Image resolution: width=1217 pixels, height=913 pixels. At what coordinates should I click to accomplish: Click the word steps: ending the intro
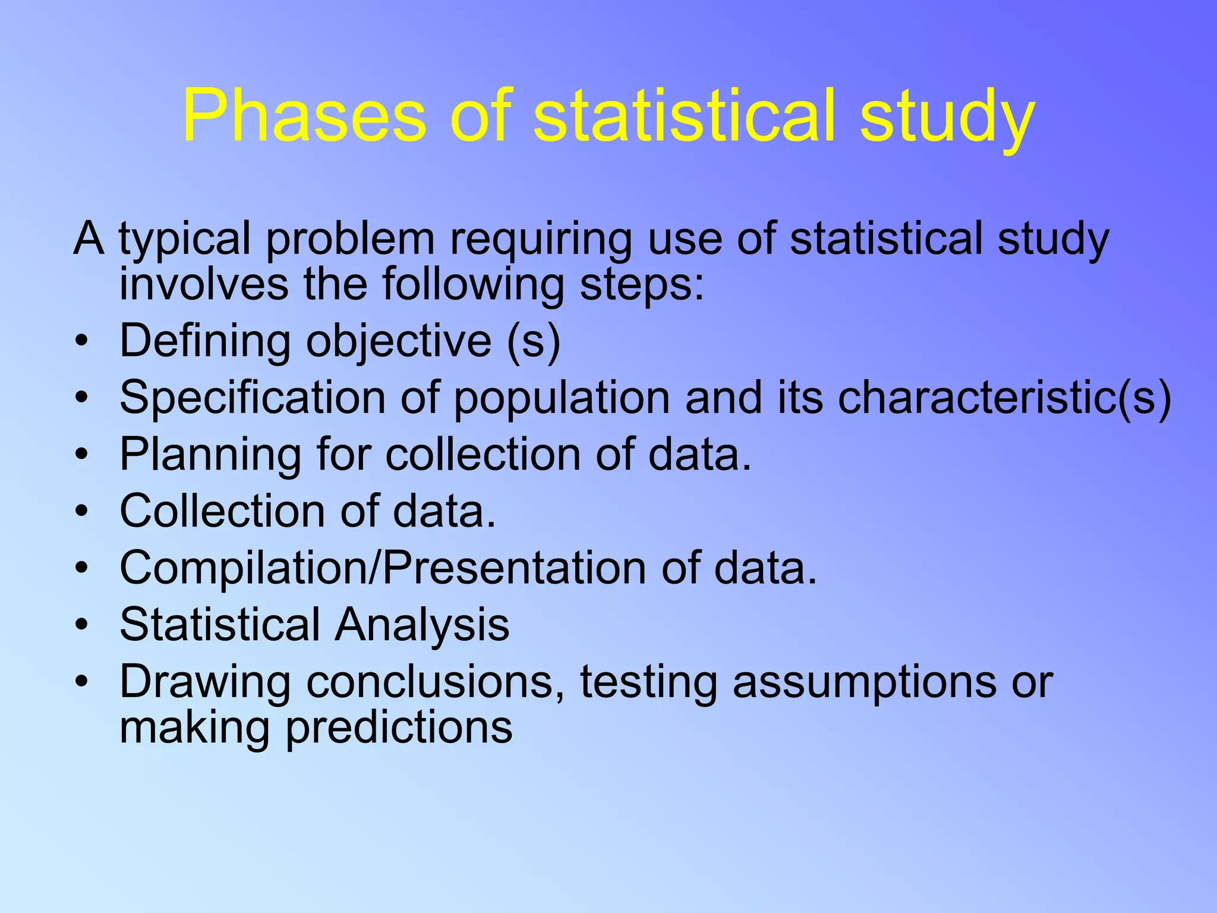point(642,284)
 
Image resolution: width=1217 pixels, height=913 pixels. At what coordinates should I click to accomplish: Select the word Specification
point(253,398)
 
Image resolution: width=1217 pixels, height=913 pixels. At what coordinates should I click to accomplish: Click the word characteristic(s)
point(1004,398)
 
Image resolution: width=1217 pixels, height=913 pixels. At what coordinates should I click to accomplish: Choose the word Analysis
point(422,625)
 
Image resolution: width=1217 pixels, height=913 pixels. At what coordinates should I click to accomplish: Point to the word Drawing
point(205,682)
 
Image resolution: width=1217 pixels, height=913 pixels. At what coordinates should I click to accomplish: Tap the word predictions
point(399,728)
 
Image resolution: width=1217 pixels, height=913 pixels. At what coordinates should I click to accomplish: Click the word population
point(562,398)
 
